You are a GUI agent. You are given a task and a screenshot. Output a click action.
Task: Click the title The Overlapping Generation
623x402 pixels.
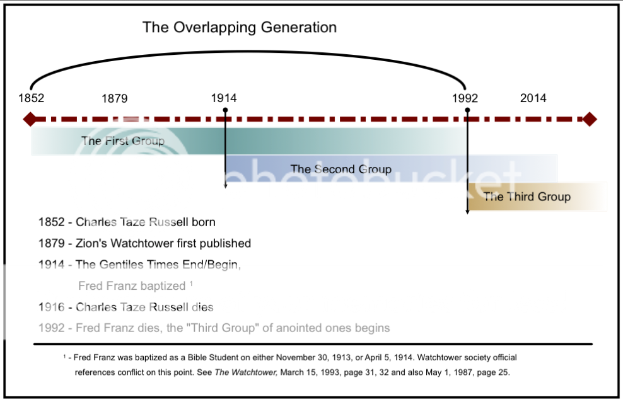point(240,27)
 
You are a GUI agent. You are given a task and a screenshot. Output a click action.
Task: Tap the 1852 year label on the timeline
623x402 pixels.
point(31,98)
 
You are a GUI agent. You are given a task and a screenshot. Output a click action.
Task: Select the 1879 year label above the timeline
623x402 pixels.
point(114,98)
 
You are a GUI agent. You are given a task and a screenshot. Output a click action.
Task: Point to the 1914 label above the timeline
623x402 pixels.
point(224,98)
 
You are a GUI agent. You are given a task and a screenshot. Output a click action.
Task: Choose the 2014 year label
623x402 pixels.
point(533,98)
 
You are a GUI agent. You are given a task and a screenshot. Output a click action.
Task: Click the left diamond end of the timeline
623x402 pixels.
point(29,119)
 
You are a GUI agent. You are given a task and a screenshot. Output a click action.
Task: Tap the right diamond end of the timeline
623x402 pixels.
point(589,119)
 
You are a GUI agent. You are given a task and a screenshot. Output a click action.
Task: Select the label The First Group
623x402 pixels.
point(122,141)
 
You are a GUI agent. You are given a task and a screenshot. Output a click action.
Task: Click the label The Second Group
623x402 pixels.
point(341,169)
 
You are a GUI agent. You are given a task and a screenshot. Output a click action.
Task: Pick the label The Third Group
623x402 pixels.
point(527,197)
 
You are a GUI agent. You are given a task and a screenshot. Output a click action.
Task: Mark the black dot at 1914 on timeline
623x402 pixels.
point(225,110)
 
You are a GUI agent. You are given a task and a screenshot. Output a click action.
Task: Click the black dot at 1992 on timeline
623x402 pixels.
point(467,110)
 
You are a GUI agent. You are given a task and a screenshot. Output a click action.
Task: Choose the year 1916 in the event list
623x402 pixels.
point(51,307)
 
